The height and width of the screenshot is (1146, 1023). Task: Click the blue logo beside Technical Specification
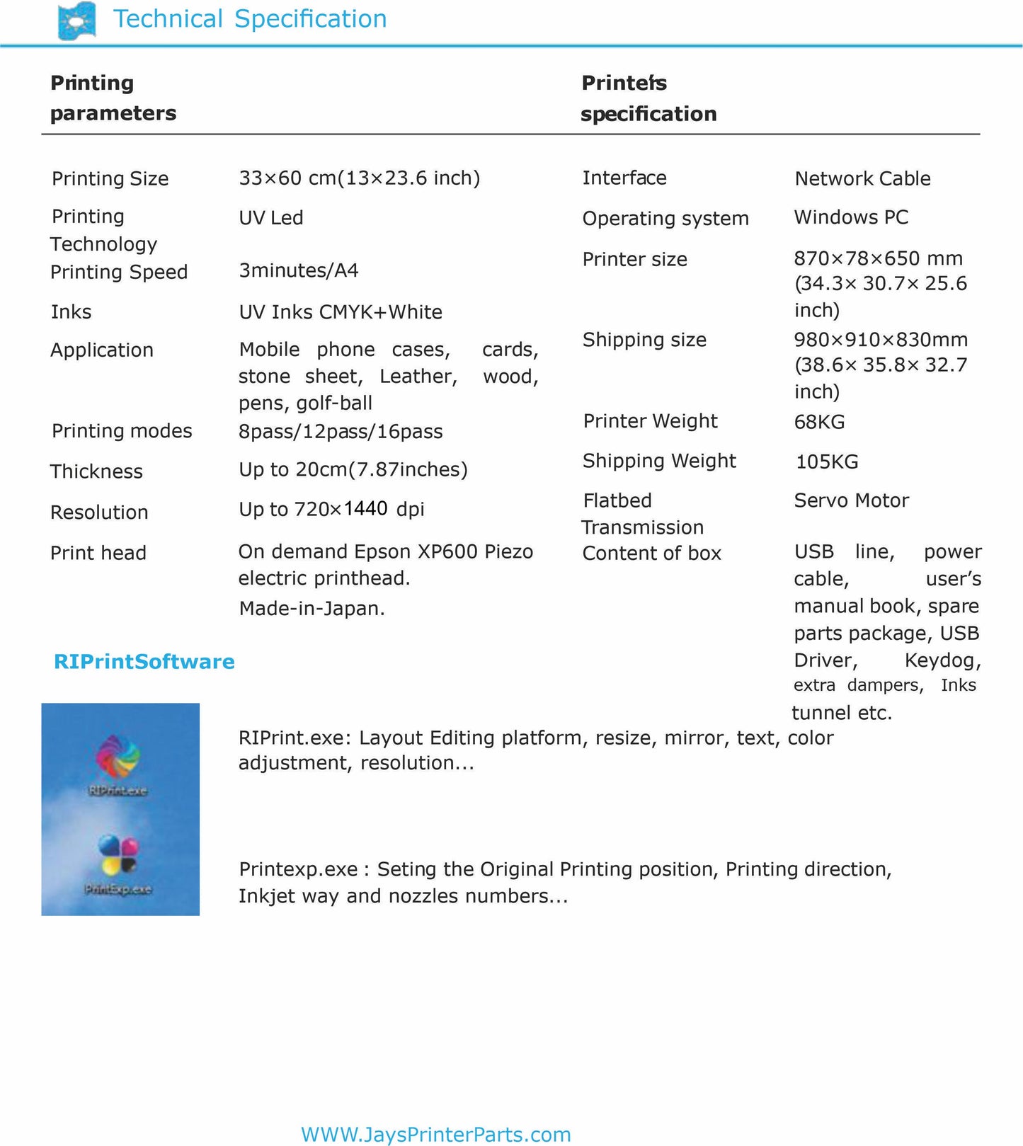coord(76,21)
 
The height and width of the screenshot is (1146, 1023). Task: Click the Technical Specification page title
coord(250,19)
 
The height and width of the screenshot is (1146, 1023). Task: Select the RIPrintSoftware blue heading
coord(144,662)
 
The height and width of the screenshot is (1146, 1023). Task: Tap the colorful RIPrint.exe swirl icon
coord(118,758)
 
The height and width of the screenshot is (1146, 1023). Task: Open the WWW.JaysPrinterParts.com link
coord(435,1135)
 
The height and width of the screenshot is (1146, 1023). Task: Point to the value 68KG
coord(819,423)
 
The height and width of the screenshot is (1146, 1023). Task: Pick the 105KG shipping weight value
coord(826,462)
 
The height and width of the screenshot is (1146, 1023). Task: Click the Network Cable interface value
coord(862,179)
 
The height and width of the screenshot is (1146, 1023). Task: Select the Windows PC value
coord(851,217)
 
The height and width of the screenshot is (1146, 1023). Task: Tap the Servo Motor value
coord(851,501)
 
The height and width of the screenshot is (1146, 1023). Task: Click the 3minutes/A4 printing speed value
coord(299,270)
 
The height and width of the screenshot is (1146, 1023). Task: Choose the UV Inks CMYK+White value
coord(341,312)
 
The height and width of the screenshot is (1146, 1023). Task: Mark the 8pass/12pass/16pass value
coord(341,432)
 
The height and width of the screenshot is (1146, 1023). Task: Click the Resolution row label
coord(99,512)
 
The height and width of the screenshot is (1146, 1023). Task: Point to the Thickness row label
coord(96,471)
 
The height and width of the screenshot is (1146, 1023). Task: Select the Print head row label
coord(98,554)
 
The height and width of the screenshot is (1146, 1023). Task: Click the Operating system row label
coord(665,219)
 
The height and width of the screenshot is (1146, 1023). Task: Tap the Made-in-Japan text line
coord(312,609)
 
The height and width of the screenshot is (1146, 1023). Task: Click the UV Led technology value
coord(271,218)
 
